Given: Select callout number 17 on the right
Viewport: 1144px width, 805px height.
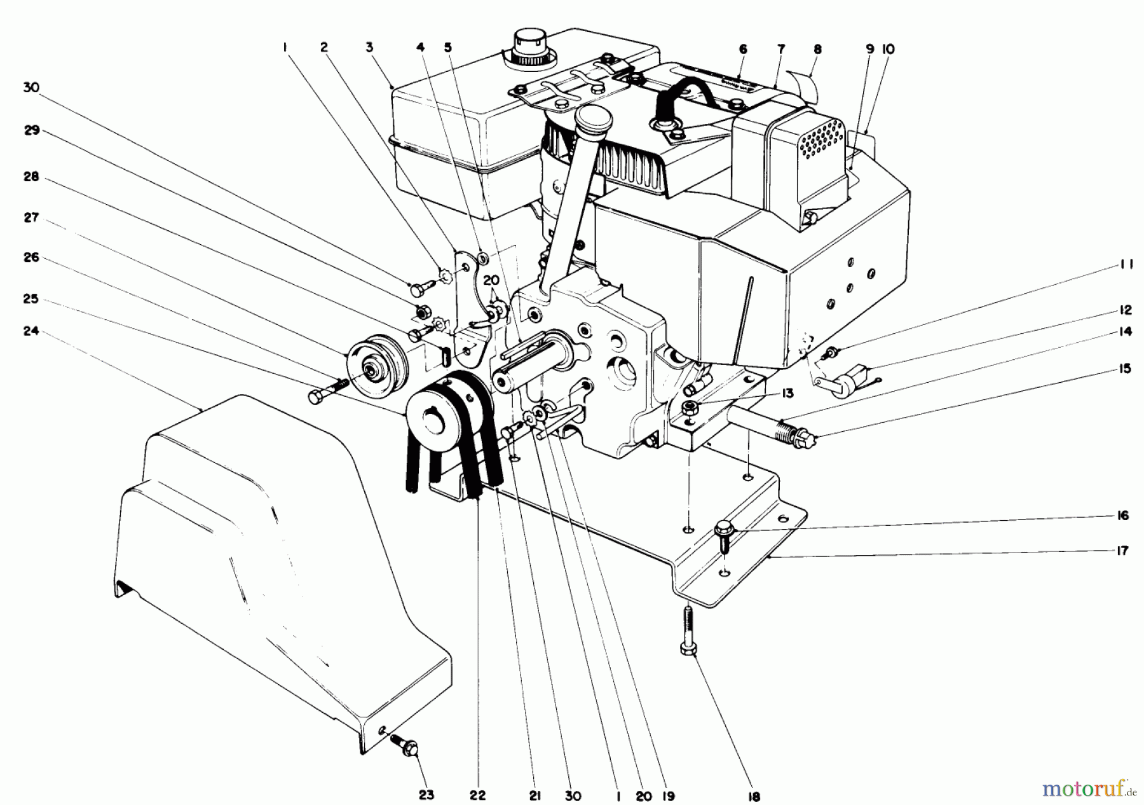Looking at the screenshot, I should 1122,551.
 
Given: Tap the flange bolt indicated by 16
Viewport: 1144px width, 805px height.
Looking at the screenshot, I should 723,533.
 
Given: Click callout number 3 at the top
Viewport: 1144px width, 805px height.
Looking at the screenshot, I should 369,47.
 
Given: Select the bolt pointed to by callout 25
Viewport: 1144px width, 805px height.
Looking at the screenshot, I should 324,391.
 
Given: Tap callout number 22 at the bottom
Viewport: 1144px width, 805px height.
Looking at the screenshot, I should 477,795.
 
